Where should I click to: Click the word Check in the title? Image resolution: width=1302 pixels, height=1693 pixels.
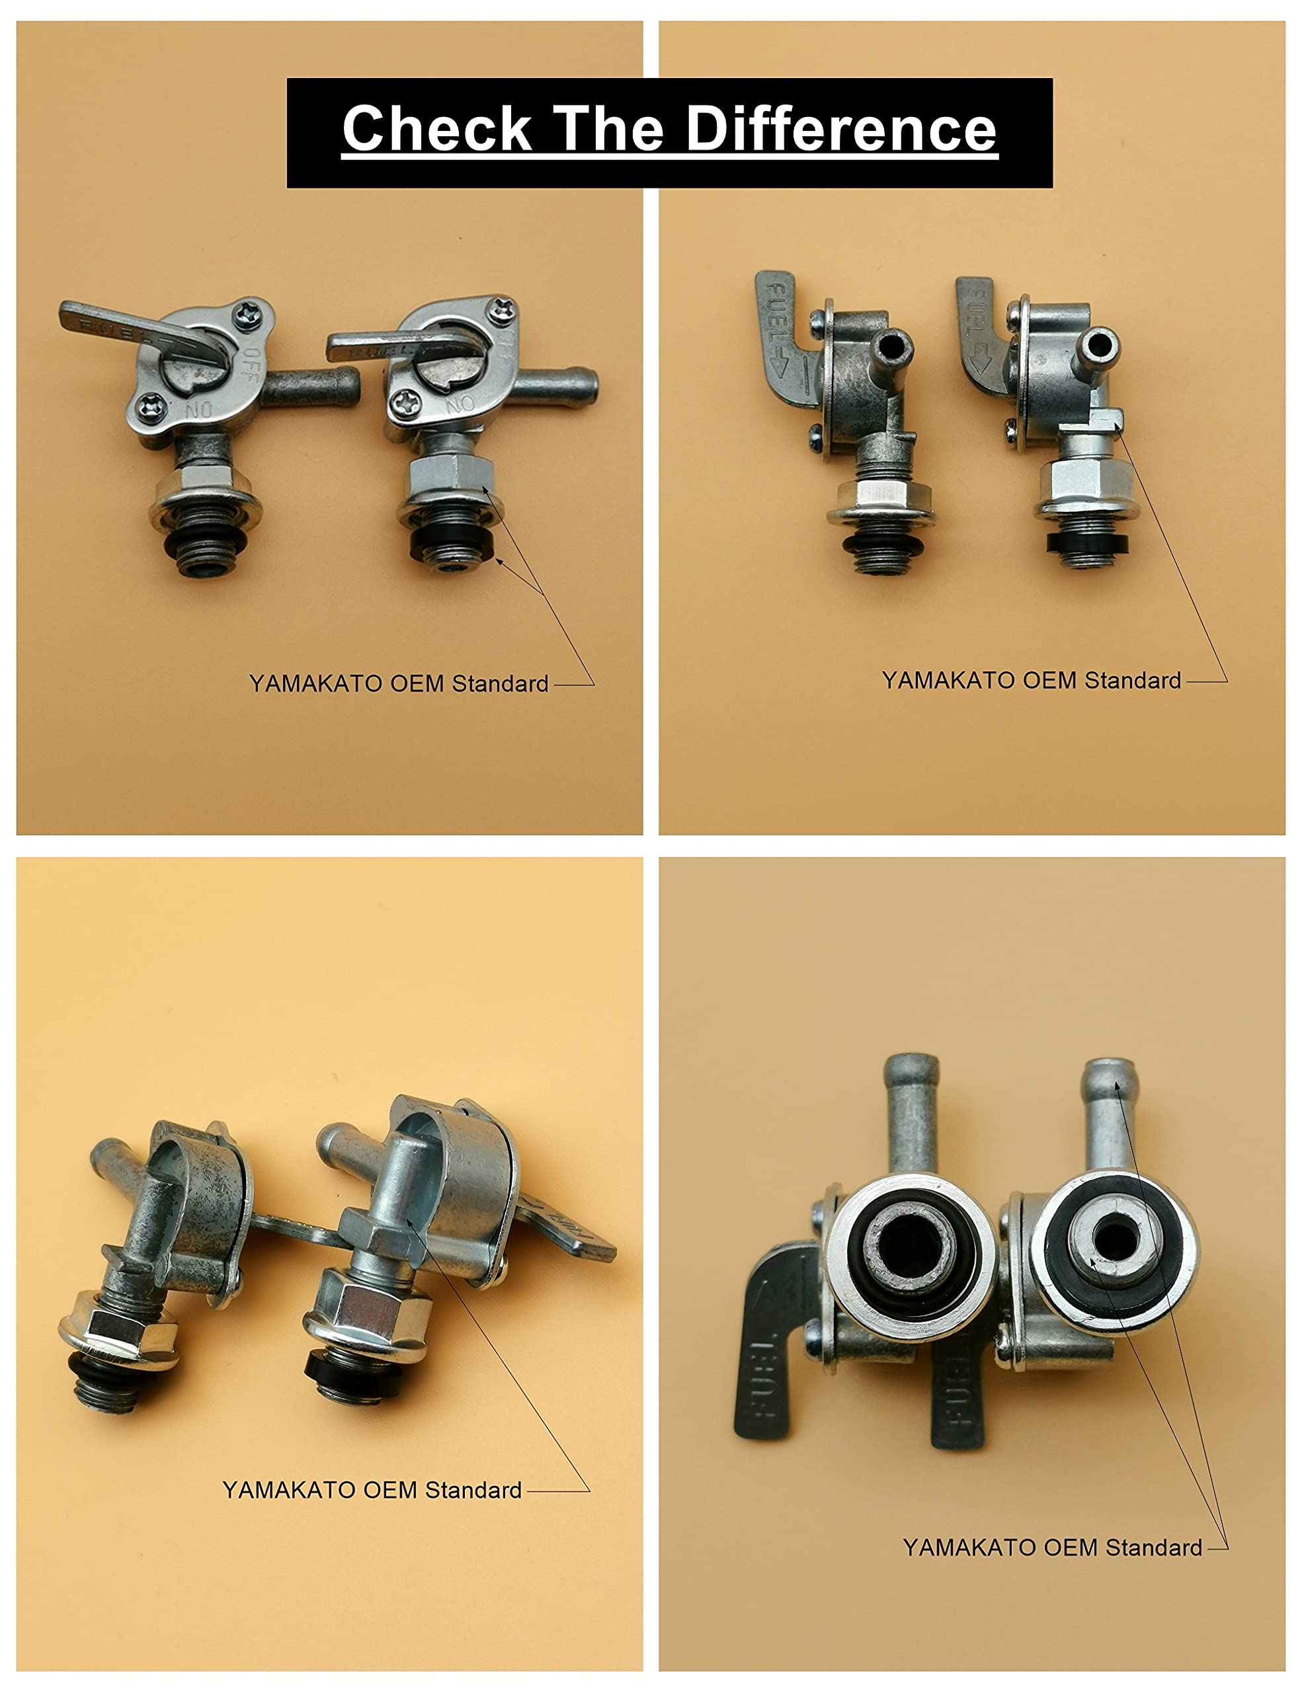[x=436, y=129]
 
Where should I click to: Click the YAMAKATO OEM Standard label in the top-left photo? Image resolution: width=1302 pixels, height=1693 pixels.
[x=398, y=684]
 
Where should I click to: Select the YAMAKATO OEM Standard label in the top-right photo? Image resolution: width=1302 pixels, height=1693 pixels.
[x=1032, y=681]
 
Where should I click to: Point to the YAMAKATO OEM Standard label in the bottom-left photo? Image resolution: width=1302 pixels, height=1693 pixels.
[x=372, y=1490]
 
